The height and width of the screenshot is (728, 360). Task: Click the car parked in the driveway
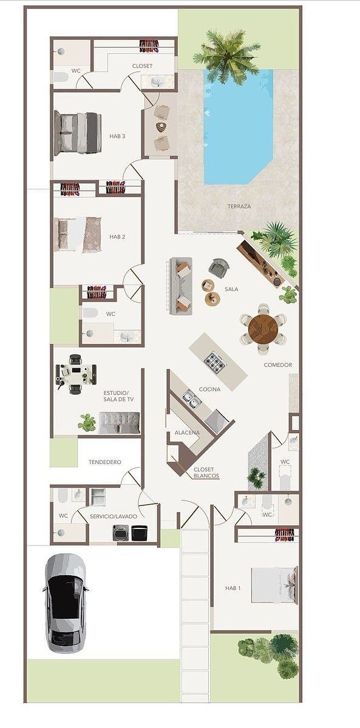(x=66, y=604)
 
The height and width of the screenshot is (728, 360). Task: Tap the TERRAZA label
(x=239, y=206)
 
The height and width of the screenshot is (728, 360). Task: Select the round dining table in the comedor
(x=263, y=328)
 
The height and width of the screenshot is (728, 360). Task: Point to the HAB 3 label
(x=117, y=136)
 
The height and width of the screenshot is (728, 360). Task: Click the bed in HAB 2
(x=78, y=235)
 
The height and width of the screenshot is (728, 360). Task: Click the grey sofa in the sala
(x=181, y=286)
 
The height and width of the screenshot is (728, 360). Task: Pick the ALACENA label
(x=187, y=433)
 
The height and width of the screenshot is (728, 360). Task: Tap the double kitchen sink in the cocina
(x=191, y=399)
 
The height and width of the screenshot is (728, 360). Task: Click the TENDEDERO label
(x=104, y=462)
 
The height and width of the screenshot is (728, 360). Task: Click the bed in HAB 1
(x=274, y=585)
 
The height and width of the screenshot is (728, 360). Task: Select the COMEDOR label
(x=277, y=365)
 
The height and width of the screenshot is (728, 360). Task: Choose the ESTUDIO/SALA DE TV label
(x=118, y=396)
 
